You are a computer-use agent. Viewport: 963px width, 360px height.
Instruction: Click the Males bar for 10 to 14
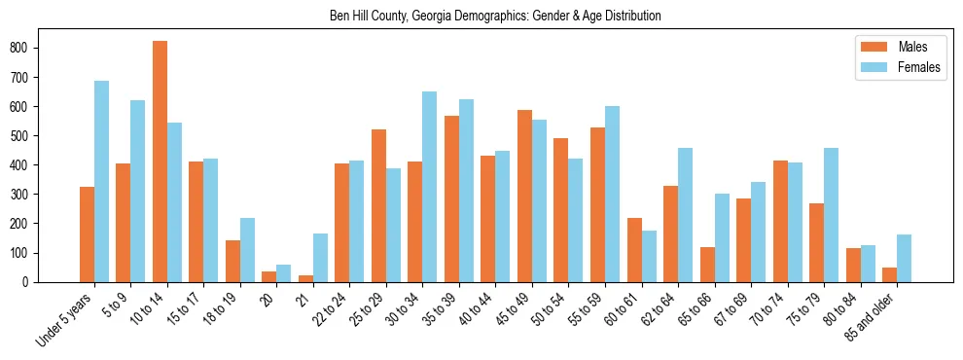pos(160,162)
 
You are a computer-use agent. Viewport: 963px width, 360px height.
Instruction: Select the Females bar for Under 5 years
pos(101,182)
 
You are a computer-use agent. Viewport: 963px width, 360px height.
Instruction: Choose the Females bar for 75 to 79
pos(831,215)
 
